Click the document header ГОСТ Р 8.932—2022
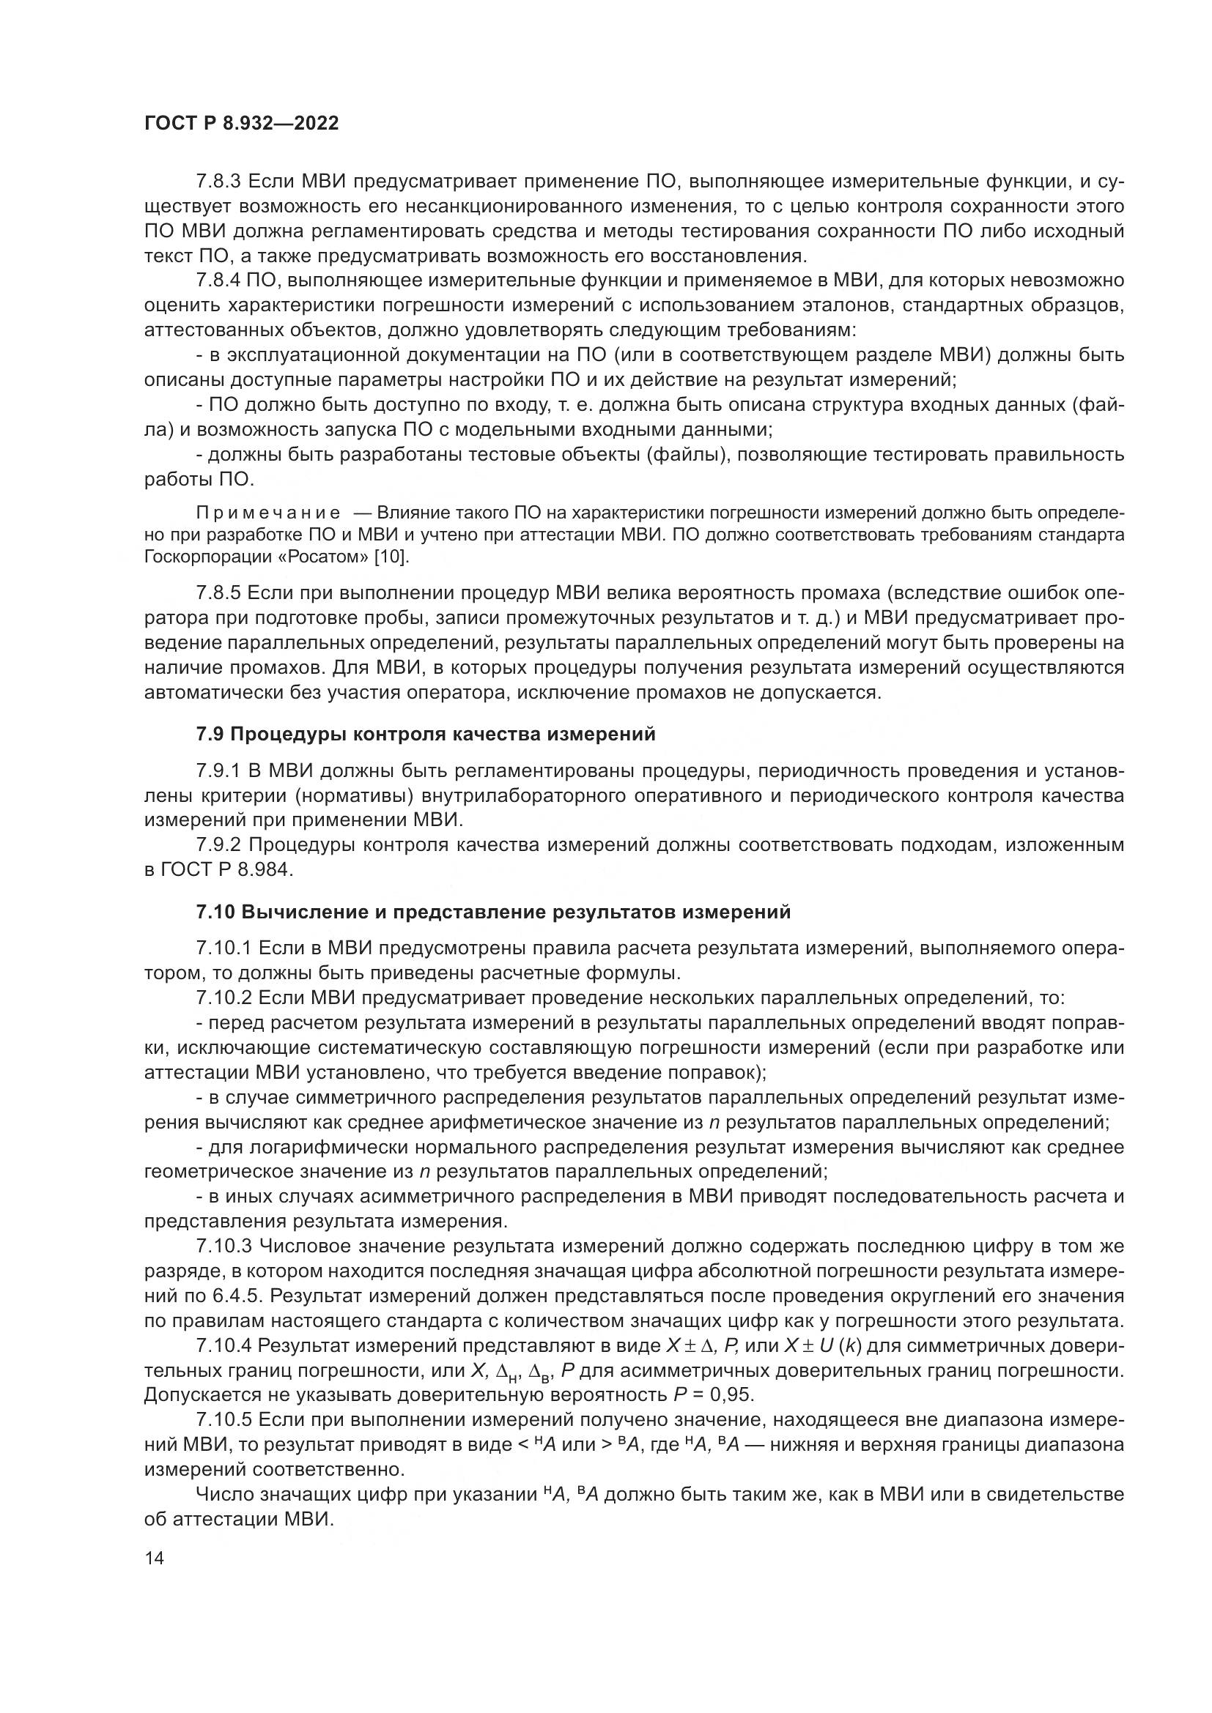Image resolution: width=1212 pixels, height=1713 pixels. pos(241,124)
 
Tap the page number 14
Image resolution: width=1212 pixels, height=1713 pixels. pos(155,1558)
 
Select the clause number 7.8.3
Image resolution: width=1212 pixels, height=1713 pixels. pos(218,182)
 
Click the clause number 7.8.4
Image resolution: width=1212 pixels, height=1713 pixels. pos(218,280)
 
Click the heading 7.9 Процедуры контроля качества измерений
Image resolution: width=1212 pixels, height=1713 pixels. pos(426,734)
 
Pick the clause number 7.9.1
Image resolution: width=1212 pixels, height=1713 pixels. pos(218,770)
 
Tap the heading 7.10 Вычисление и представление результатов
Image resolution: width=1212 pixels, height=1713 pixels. pos(492,912)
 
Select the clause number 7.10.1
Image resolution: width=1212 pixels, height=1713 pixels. pos(224,948)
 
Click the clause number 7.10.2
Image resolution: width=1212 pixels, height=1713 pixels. pos(224,997)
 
